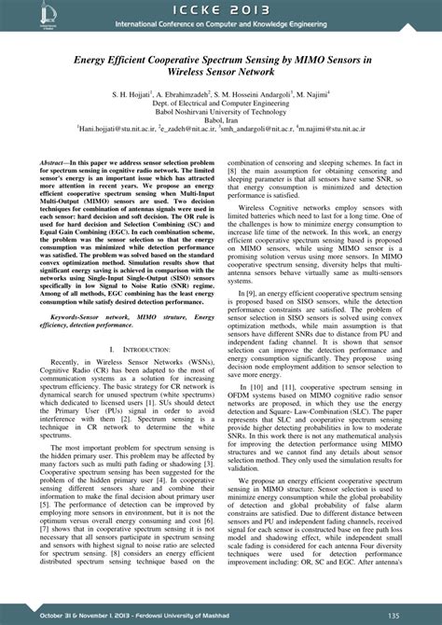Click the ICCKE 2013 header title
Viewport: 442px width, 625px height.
[x=222, y=9]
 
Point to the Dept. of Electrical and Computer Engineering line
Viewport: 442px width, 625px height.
[x=220, y=104]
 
